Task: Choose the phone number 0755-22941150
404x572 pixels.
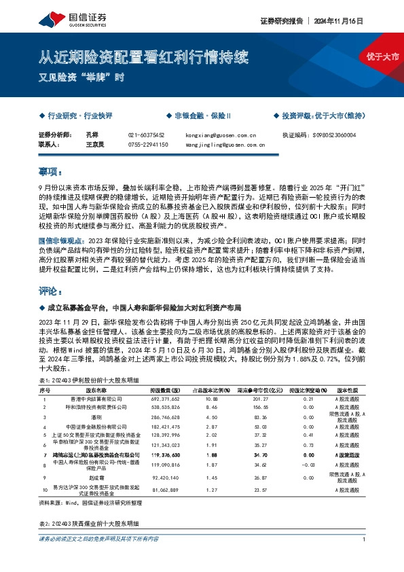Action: pos(148,144)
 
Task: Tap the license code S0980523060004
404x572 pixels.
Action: pos(339,135)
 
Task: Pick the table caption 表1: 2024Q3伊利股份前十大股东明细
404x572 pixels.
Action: pos(88,380)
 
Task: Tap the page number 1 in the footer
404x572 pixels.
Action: pos(365,558)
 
